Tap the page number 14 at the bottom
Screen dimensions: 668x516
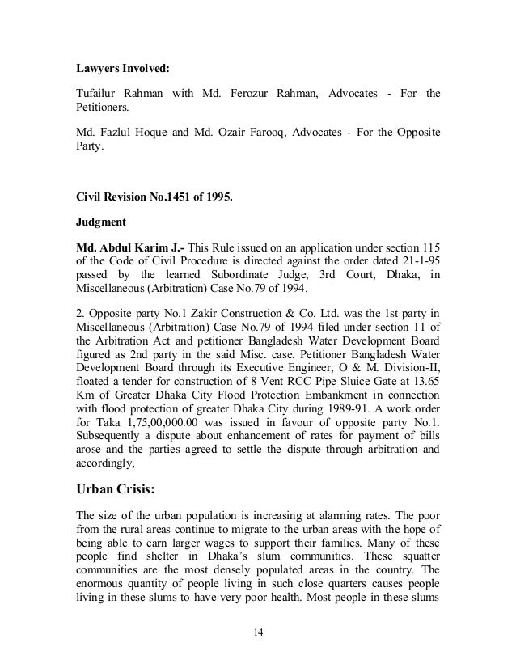(258, 631)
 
